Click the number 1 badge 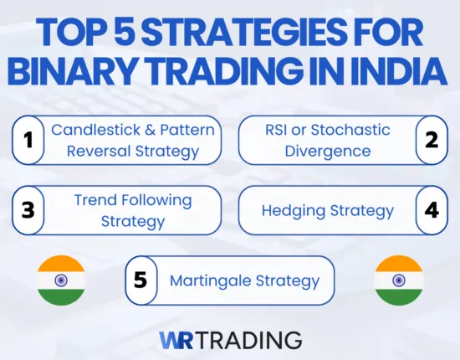[x=28, y=141]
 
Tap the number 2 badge [x=432, y=141]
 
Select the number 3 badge [x=28, y=210]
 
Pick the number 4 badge [x=432, y=210]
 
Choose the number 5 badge [x=141, y=280]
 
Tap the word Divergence [x=326, y=152]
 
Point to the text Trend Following [x=133, y=200]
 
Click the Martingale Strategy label [x=244, y=280]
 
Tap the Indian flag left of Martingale [x=61, y=280]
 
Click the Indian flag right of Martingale [x=398, y=280]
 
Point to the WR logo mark [x=178, y=339]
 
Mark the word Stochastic [x=349, y=130]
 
